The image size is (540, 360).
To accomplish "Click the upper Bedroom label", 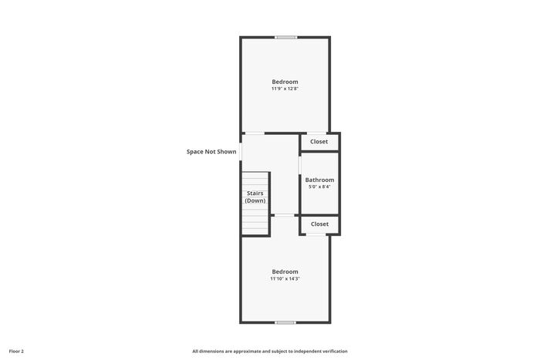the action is point(285,82).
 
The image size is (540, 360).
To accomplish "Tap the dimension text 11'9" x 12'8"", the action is point(285,89).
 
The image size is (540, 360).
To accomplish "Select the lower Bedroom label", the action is point(285,272).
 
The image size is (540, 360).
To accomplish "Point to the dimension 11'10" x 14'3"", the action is point(285,279).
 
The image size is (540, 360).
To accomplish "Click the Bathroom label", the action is point(319,180).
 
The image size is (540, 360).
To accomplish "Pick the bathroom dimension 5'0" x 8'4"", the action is point(319,187).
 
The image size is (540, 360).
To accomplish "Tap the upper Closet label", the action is point(319,142).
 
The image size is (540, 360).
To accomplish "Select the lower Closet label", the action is point(319,224).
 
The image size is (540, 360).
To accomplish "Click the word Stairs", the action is point(255,193).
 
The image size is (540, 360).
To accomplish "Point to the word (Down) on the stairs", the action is point(255,200).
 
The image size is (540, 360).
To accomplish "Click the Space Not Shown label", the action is point(211,152).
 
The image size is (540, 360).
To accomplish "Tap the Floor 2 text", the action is point(16,352).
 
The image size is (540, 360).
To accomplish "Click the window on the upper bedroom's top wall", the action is point(286,37).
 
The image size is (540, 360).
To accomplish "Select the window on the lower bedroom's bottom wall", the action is point(285,322).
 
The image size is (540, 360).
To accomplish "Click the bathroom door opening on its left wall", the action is point(300,165).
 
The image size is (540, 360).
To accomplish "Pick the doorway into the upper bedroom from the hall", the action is point(255,133).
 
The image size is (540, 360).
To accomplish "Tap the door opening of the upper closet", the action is point(316,133).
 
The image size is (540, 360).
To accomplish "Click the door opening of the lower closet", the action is point(316,234).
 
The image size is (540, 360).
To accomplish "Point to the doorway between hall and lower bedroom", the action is point(285,215).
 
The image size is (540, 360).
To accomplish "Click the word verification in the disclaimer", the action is point(336,352).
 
